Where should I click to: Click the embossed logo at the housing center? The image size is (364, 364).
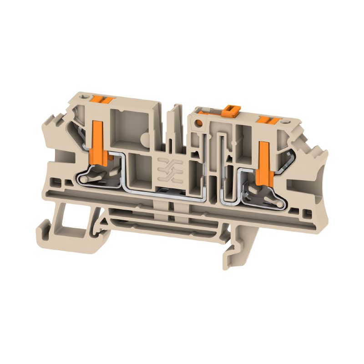(163, 169)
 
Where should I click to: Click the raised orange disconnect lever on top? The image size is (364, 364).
(231, 109)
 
